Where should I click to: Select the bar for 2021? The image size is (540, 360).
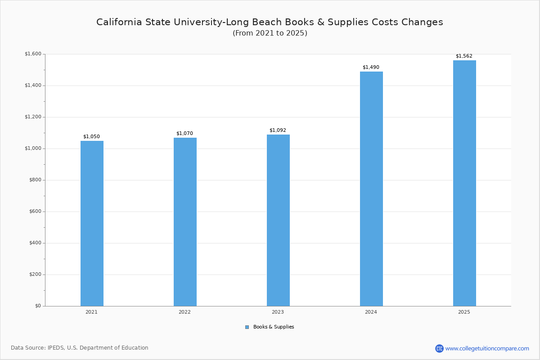click(92, 223)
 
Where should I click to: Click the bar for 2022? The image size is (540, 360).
click(185, 222)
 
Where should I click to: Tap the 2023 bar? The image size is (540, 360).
click(278, 220)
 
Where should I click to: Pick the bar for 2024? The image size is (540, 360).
click(371, 189)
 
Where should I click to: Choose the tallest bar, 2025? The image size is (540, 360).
click(464, 183)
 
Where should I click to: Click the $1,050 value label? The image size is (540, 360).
click(91, 137)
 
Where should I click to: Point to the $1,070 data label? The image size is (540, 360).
click(184, 134)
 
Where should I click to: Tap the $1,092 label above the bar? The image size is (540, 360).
click(278, 130)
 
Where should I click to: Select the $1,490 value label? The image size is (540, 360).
click(371, 67)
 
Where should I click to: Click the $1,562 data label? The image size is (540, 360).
click(464, 56)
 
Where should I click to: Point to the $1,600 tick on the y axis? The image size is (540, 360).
click(33, 54)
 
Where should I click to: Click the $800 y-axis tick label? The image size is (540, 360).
click(35, 180)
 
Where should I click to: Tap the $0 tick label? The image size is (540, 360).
click(37, 306)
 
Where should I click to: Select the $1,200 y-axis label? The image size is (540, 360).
click(33, 117)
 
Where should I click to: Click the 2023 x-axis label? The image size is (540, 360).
click(278, 312)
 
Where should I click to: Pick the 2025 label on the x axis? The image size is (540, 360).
click(464, 312)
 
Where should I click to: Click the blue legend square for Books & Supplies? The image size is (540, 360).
click(247, 327)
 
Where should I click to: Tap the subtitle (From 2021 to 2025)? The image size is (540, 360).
click(270, 33)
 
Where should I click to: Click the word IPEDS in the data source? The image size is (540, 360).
click(56, 348)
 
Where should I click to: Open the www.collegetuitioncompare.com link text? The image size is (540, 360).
click(487, 348)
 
